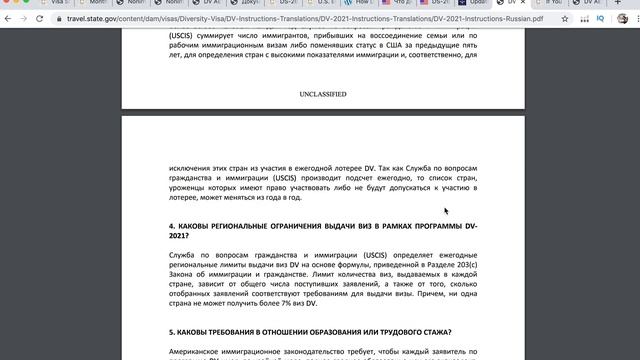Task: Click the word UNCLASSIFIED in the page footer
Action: (x=323, y=94)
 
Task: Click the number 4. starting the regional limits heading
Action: (x=172, y=226)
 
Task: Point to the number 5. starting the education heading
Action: (x=172, y=332)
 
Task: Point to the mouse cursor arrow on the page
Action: (x=446, y=210)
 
